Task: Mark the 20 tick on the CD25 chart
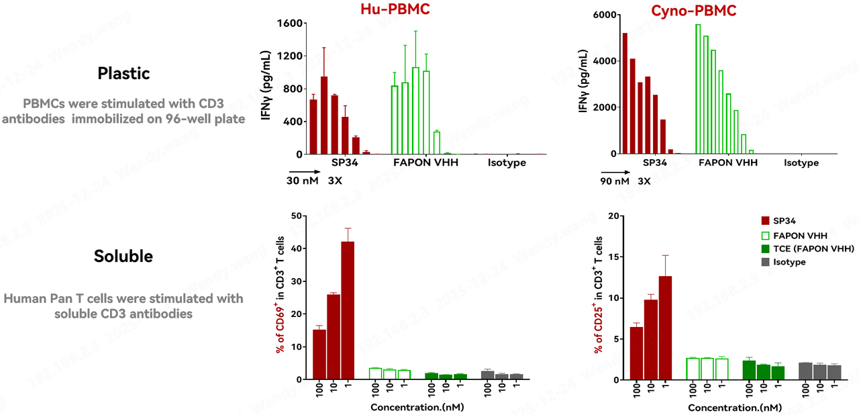(x=613, y=216)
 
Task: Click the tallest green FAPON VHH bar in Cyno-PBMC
(x=698, y=89)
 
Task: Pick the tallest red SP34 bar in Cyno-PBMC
(x=625, y=93)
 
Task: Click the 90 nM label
(x=615, y=181)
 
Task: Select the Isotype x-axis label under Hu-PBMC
(x=507, y=163)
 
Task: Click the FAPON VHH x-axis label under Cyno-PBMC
(x=728, y=163)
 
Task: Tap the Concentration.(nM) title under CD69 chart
(x=417, y=407)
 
